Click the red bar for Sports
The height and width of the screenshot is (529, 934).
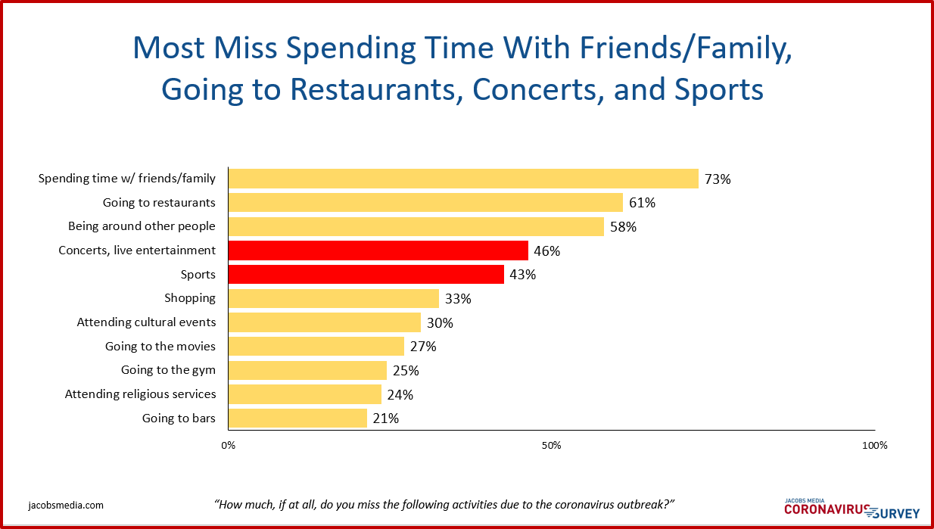(366, 274)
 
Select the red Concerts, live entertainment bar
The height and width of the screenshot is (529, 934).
(378, 250)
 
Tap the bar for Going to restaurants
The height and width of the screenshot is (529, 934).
(425, 202)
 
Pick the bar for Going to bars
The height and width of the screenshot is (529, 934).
(297, 418)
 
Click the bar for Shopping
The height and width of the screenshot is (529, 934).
(333, 298)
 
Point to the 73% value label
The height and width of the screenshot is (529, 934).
(718, 179)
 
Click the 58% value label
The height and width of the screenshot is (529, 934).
(623, 226)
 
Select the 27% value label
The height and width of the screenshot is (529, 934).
(423, 347)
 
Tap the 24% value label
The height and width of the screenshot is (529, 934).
(400, 394)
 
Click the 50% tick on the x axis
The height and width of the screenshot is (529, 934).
(551, 445)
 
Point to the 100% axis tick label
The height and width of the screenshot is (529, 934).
(874, 445)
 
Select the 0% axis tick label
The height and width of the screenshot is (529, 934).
(228, 445)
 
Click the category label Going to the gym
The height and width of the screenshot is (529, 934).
(168, 370)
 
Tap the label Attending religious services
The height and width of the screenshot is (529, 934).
(140, 394)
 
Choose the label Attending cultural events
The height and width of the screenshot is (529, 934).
(146, 322)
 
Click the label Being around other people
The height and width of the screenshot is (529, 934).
(142, 226)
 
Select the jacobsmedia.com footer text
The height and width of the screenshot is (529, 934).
(66, 505)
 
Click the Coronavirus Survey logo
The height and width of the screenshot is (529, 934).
(851, 509)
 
